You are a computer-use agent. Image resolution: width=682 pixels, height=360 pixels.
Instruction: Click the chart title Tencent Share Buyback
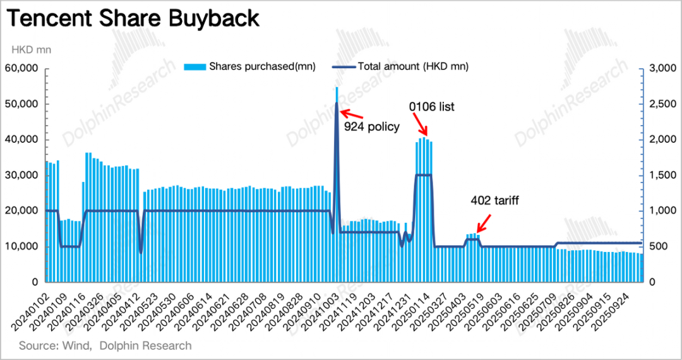click(x=133, y=18)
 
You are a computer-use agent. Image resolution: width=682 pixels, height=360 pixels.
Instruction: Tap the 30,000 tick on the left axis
click(x=21, y=175)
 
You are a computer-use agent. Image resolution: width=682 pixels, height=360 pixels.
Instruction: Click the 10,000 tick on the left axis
click(x=21, y=246)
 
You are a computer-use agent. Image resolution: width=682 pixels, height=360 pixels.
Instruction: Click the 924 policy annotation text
click(x=372, y=126)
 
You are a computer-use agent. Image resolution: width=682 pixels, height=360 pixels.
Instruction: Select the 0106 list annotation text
click(x=432, y=107)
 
